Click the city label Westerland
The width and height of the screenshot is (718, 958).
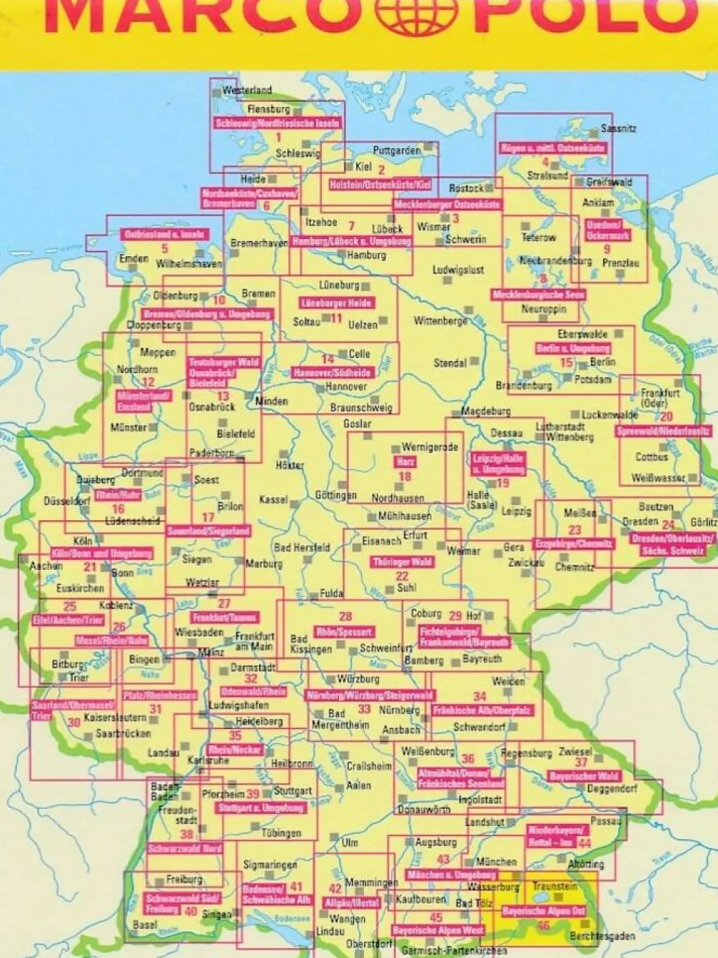[x=247, y=90]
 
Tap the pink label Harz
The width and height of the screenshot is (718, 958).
[x=406, y=462]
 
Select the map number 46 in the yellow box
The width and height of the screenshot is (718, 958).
[x=544, y=925]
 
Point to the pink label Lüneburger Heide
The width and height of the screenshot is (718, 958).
[x=336, y=304]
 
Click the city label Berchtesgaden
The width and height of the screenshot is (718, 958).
[x=602, y=936]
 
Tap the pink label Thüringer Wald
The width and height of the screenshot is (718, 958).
[x=402, y=562]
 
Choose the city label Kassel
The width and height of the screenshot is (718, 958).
[x=273, y=499]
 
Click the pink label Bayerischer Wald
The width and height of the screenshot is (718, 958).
[x=584, y=776]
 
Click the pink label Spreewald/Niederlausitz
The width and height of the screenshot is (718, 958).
[x=663, y=431]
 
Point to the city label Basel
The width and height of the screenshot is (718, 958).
[x=145, y=924]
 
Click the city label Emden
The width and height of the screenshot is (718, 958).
[x=134, y=258]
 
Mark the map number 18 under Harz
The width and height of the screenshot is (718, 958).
[x=405, y=476]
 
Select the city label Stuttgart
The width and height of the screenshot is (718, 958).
[x=293, y=791]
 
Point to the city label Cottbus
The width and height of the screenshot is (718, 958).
[x=651, y=456]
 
